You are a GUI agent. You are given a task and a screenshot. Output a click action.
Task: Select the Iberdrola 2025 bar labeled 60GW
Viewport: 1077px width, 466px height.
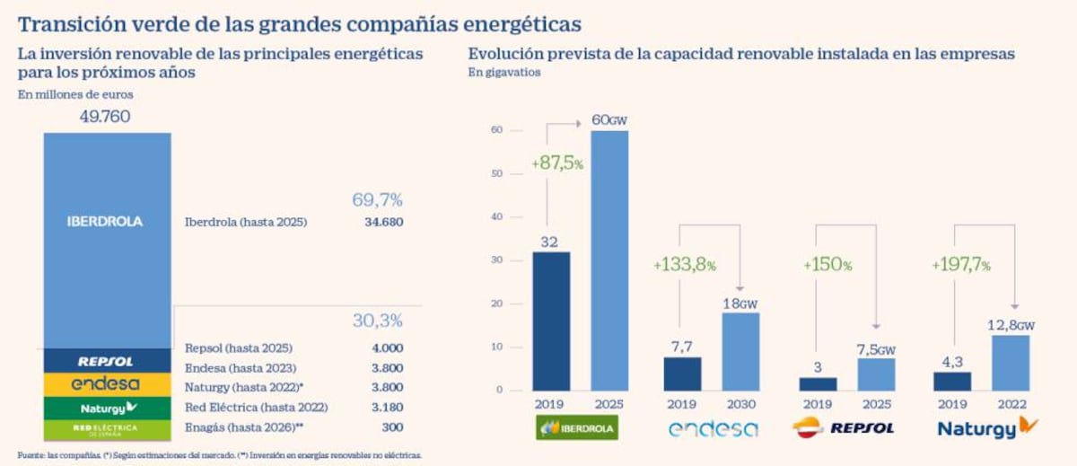point(609,260)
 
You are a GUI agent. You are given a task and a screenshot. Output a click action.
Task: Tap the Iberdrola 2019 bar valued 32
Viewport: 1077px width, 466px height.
point(551,321)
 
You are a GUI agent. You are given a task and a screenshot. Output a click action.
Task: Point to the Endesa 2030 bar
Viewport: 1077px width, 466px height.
point(740,351)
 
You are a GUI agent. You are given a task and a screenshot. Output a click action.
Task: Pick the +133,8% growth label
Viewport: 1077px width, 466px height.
point(686,265)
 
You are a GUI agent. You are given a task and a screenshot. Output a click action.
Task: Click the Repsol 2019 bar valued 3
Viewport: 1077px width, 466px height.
point(819,383)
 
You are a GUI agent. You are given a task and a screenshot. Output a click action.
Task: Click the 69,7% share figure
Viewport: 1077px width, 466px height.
point(377,199)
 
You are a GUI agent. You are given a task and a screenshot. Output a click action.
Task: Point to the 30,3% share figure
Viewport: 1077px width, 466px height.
point(377,321)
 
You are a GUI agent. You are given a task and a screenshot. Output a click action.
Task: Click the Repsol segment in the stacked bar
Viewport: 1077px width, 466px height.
point(106,361)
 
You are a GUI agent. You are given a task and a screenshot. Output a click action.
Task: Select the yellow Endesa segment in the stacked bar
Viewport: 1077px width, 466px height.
point(106,384)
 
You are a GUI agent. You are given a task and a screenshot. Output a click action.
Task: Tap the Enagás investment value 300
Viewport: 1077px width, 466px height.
point(390,427)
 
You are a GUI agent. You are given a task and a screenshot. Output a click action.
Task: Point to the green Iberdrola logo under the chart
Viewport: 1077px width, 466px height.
point(577,428)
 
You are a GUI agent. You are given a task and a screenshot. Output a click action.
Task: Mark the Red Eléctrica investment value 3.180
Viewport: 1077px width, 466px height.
point(386,408)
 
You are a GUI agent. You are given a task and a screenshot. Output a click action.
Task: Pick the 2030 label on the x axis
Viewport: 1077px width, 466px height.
point(740,404)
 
